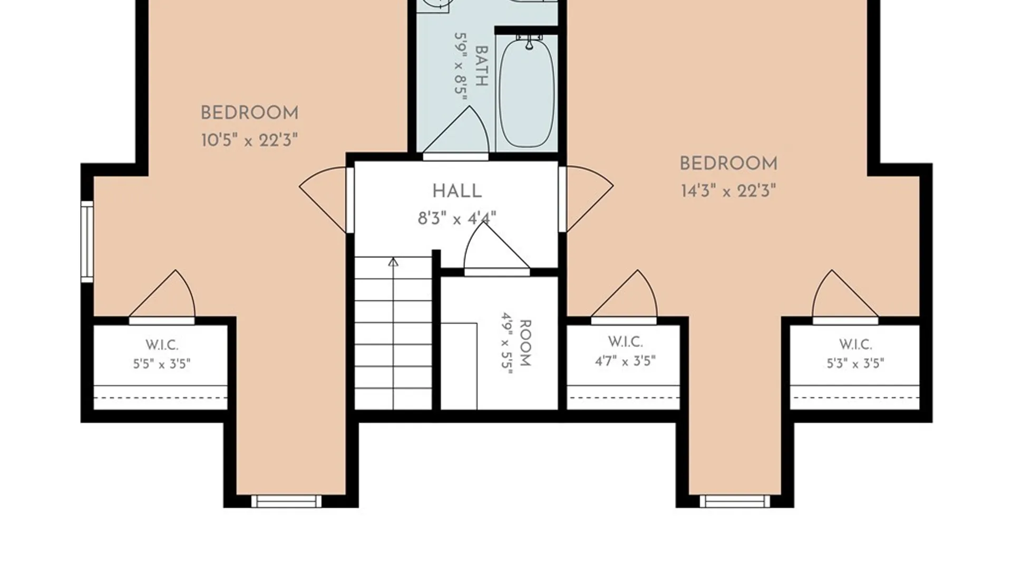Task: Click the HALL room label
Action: pyautogui.click(x=457, y=191)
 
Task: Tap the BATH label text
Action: pyautogui.click(x=481, y=66)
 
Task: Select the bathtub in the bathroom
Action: pyautogui.click(x=527, y=91)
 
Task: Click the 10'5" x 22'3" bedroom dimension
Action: pyautogui.click(x=249, y=140)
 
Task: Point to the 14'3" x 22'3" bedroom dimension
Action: pyautogui.click(x=728, y=191)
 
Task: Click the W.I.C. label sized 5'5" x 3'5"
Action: pyautogui.click(x=162, y=345)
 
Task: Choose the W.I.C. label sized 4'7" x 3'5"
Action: pyautogui.click(x=625, y=342)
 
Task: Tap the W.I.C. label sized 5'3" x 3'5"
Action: pyautogui.click(x=855, y=345)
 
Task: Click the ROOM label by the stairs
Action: pyautogui.click(x=526, y=343)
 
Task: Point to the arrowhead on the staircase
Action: pyautogui.click(x=393, y=262)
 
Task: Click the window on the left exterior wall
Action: pyautogui.click(x=87, y=242)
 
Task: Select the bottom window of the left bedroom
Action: pyautogui.click(x=286, y=501)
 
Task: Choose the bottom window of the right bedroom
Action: pyautogui.click(x=735, y=501)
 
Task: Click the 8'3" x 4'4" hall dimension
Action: pyautogui.click(x=457, y=218)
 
